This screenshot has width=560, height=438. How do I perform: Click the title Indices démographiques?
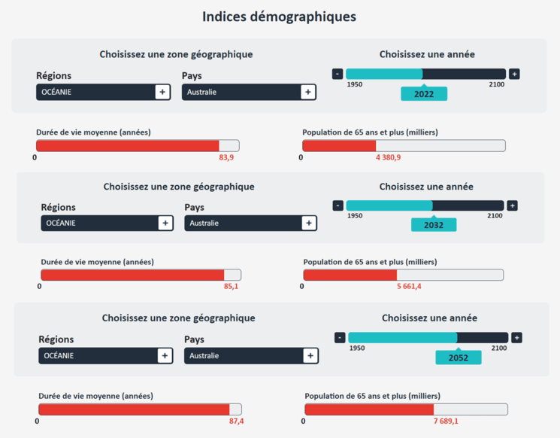coord(280,17)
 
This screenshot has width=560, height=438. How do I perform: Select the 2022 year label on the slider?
coord(424,94)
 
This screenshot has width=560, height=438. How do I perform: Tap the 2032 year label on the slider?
coord(434,225)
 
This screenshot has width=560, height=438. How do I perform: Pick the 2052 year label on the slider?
coord(458,357)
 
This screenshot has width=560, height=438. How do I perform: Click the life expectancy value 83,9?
coord(226,157)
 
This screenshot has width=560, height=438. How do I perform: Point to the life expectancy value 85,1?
coord(231,287)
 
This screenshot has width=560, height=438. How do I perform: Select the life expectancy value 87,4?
coord(236,421)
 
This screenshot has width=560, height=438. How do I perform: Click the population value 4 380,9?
coord(389,157)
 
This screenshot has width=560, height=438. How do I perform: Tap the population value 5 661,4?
coord(409,287)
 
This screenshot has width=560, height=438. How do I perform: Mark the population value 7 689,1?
coord(446,421)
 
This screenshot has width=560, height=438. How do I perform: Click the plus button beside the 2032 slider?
coord(512,205)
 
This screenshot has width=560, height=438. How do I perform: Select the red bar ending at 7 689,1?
coord(369,409)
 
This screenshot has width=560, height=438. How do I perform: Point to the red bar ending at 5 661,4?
coord(350,275)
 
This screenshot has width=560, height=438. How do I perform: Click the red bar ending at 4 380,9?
coord(339,146)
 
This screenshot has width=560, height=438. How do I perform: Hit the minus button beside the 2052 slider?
coord(340,338)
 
